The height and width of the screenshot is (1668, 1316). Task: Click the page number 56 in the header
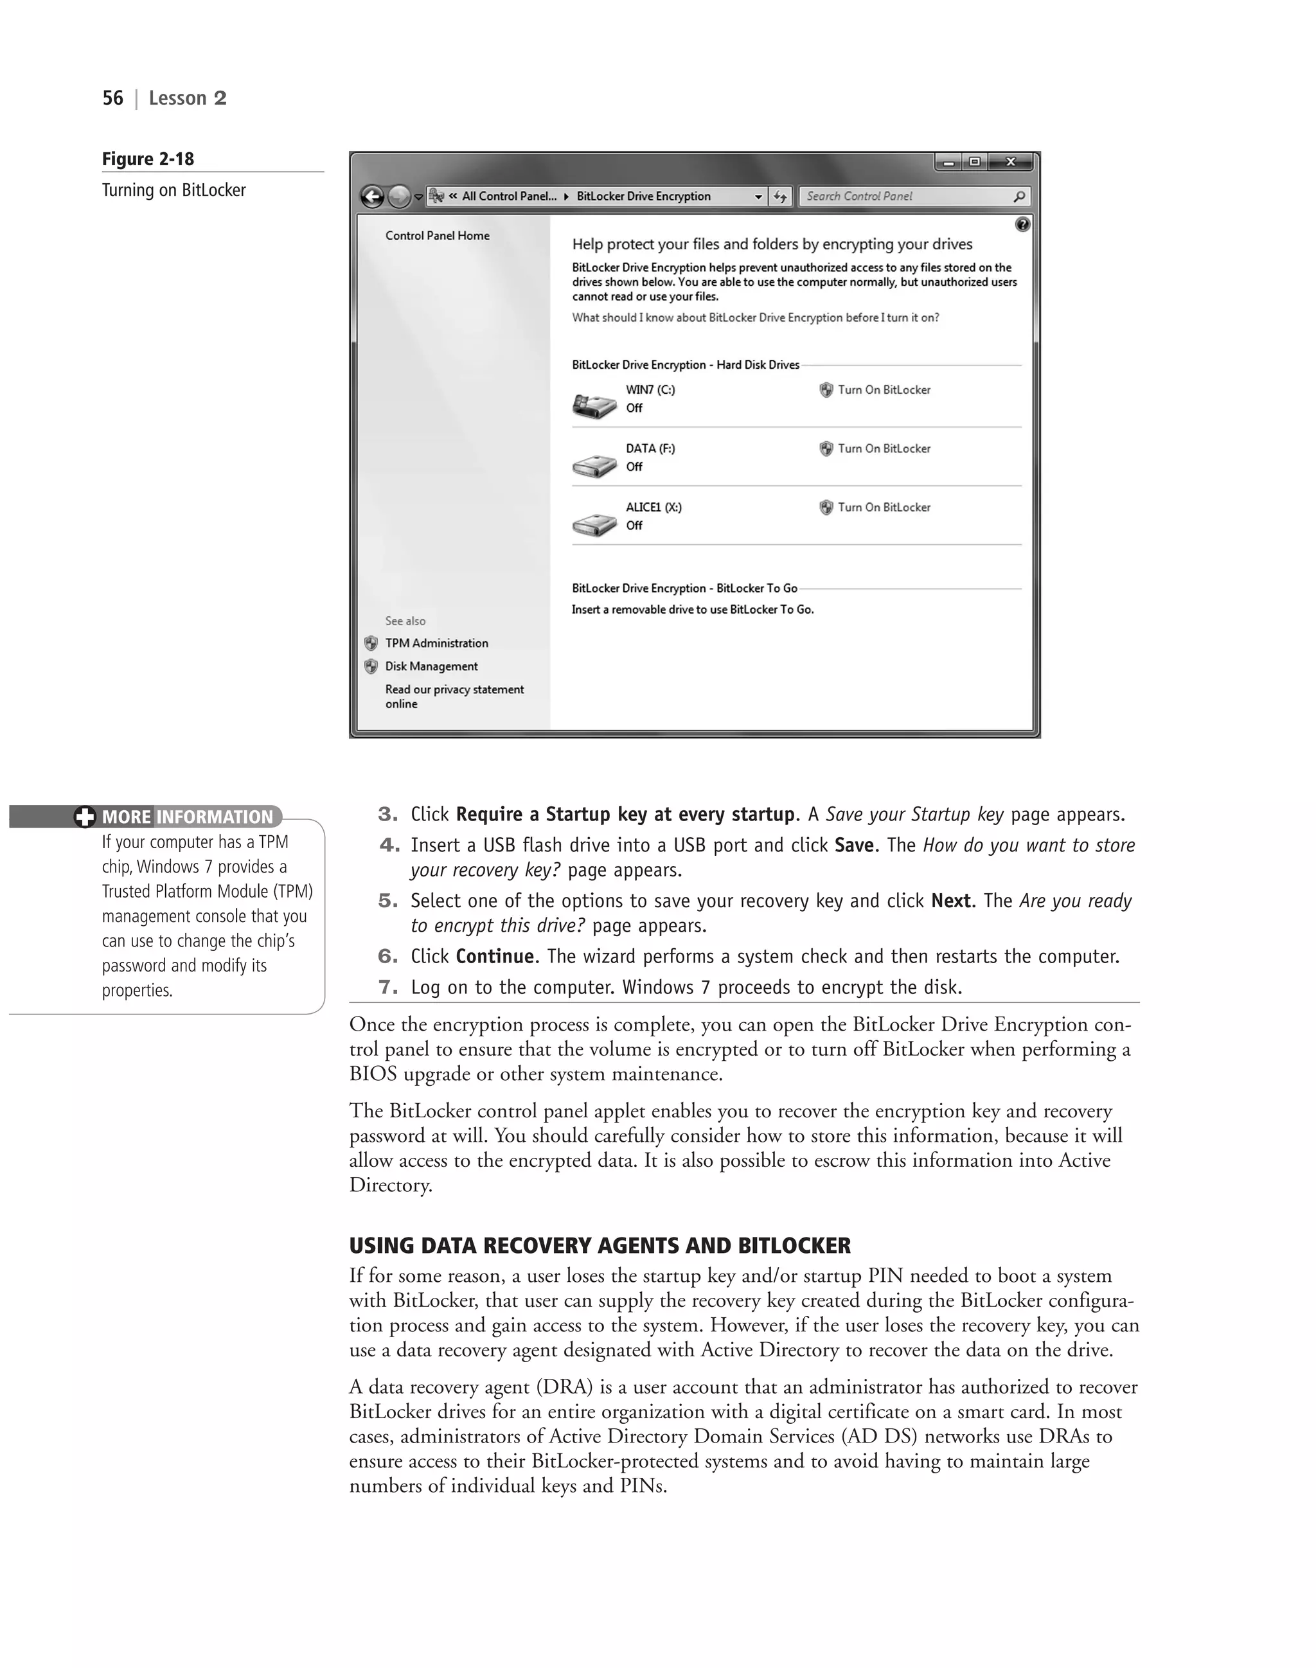tap(112, 98)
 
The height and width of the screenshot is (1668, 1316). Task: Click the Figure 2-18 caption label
tap(148, 159)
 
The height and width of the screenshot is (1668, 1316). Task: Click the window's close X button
tap(1011, 162)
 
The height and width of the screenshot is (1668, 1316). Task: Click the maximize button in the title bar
tap(975, 162)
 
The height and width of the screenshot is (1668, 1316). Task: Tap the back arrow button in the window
tap(372, 197)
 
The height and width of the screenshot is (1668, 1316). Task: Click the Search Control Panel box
tap(905, 197)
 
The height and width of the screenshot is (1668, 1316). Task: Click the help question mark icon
tap(1022, 224)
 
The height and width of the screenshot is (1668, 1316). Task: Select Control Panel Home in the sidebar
tap(437, 236)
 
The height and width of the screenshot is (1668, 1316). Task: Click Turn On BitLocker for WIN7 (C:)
tap(883, 390)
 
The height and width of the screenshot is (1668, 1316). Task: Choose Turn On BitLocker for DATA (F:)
tap(883, 448)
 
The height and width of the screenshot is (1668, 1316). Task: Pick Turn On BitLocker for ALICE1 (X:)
tap(883, 507)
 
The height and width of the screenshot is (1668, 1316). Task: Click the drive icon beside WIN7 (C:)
tap(594, 405)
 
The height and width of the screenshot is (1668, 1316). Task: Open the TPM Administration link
tap(436, 643)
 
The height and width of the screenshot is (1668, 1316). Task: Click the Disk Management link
tap(431, 666)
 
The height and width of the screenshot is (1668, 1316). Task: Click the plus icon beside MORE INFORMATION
tap(85, 817)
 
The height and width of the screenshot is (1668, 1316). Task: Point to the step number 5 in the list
tap(387, 901)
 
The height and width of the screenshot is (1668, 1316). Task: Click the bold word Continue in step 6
tap(495, 956)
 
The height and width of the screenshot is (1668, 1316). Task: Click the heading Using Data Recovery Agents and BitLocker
tap(600, 1246)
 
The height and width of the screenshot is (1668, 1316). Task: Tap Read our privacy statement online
tap(454, 696)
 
